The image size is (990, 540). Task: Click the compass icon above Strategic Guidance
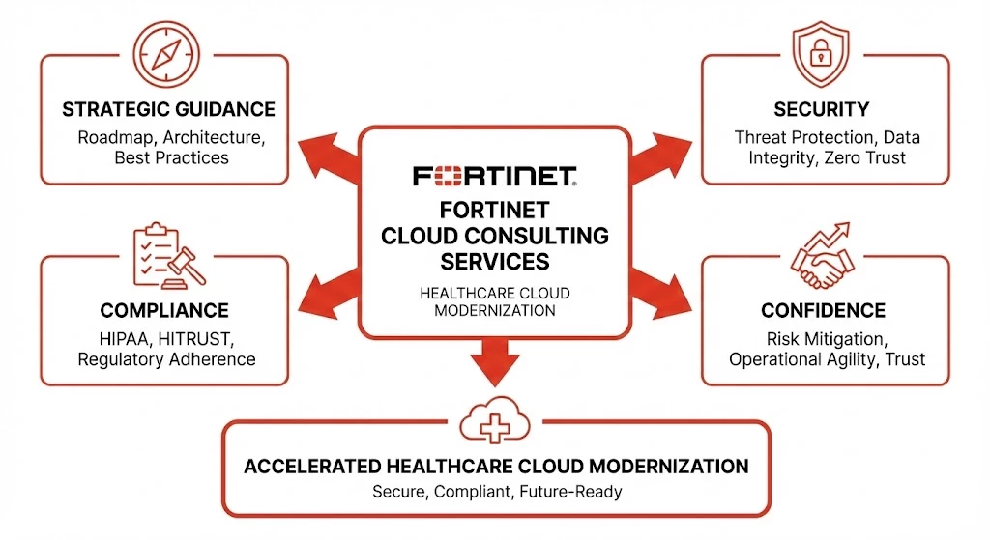[x=166, y=54]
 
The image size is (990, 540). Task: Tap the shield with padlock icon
[x=821, y=54]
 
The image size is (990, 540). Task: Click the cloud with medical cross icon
[x=495, y=420]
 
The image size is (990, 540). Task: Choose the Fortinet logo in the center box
[x=495, y=176]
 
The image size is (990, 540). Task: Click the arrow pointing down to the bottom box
[x=495, y=362]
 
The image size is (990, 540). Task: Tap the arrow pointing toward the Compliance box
[x=329, y=292]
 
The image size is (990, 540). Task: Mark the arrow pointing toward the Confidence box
[x=661, y=292]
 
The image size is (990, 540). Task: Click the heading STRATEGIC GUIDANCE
[x=168, y=110]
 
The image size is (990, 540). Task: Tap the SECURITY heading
[x=822, y=110]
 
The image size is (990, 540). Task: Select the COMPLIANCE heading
[x=164, y=310]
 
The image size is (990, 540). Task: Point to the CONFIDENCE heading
[x=824, y=310]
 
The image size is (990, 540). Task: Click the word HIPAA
[x=125, y=339]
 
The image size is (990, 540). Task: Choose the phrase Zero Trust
[x=865, y=157]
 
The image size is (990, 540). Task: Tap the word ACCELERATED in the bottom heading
[x=312, y=467]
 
